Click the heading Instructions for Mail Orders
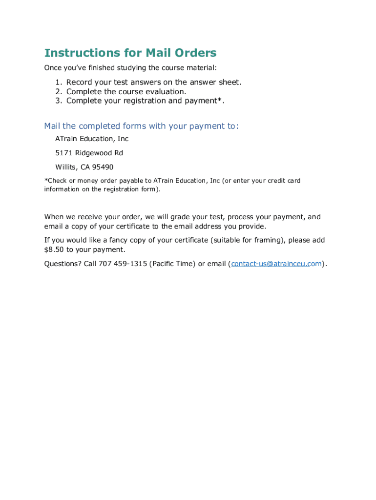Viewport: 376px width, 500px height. pyautogui.click(x=130, y=53)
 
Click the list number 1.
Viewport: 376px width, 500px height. pyautogui.click(x=58, y=83)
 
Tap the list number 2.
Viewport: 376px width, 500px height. pyautogui.click(x=58, y=92)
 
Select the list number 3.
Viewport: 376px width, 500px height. pyautogui.click(x=58, y=101)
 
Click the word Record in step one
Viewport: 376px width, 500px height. pyautogui.click(x=80, y=83)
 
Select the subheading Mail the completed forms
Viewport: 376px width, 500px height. pyautogui.click(x=141, y=126)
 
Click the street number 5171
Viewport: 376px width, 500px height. pyautogui.click(x=63, y=153)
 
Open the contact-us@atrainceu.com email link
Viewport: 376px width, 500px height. pyautogui.click(x=276, y=264)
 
